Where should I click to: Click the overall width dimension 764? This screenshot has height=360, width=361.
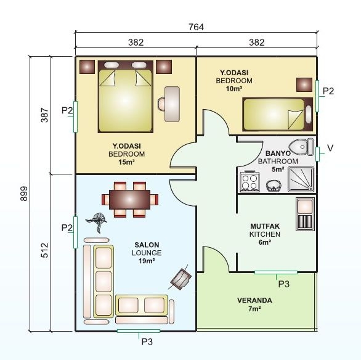pyautogui.click(x=196, y=27)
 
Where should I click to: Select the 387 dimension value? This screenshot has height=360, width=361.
pyautogui.click(x=44, y=115)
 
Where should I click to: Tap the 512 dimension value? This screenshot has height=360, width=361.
pyautogui.click(x=44, y=251)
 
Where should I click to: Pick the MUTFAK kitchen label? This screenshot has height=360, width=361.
pyautogui.click(x=265, y=226)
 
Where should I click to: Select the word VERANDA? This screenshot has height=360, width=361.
pyautogui.click(x=254, y=301)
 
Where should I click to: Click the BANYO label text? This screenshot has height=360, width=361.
pyautogui.click(x=278, y=153)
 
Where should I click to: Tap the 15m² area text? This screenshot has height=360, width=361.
pyautogui.click(x=126, y=162)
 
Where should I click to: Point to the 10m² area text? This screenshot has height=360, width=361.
pyautogui.click(x=234, y=89)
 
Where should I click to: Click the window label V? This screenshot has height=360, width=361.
pyautogui.click(x=330, y=149)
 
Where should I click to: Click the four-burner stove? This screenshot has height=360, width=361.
pyautogui.click(x=250, y=182)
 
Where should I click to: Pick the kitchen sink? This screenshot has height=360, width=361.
pyautogui.click(x=305, y=213)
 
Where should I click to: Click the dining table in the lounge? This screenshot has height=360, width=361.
pyautogui.click(x=130, y=199)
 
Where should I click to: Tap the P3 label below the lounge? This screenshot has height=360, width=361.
pyautogui.click(x=147, y=341)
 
